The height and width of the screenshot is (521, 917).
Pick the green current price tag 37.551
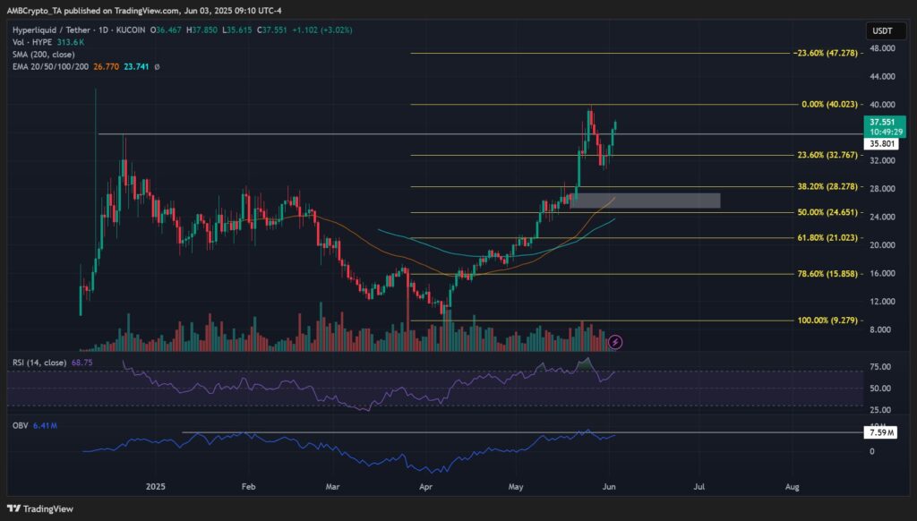click(879, 122)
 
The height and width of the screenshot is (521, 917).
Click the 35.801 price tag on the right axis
click(879, 143)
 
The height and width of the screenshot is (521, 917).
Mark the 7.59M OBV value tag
click(879, 433)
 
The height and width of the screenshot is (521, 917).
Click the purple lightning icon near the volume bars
click(615, 341)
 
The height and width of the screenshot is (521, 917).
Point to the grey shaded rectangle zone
click(645, 200)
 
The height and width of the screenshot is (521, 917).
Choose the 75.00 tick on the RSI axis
click(879, 367)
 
